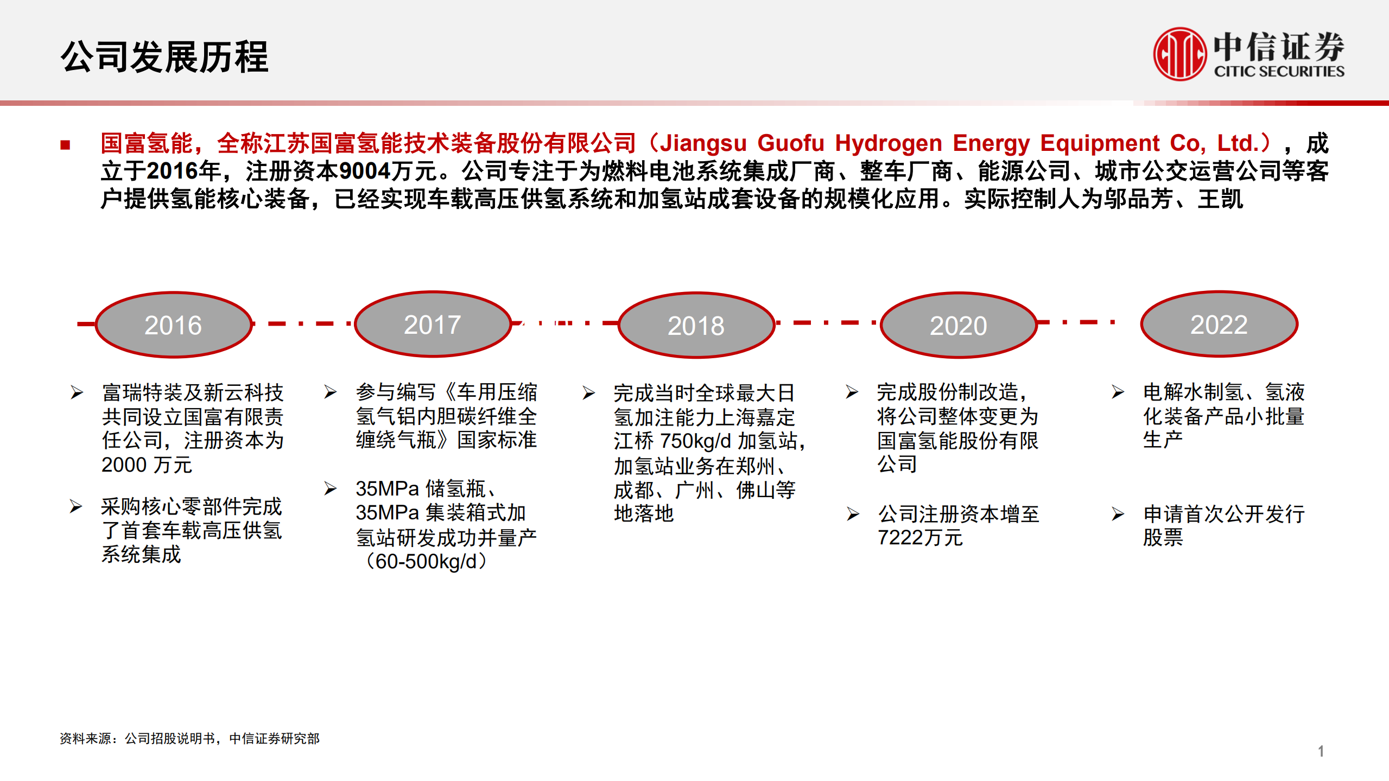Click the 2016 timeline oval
(174, 325)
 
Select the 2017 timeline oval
(433, 324)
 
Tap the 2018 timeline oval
(696, 325)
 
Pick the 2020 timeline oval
(959, 325)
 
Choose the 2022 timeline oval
(1219, 324)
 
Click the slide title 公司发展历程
(164, 56)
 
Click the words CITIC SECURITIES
(1279, 72)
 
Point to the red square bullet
(66, 145)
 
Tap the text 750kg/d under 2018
(696, 441)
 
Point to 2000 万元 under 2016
(147, 465)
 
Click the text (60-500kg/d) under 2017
(427, 562)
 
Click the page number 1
(1321, 751)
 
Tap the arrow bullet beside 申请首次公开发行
(1118, 514)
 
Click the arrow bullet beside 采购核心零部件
(76, 506)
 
